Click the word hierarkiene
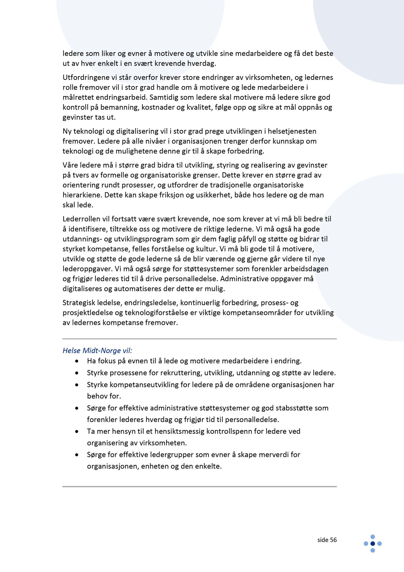82,195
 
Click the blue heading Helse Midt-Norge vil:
97,351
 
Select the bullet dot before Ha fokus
77,361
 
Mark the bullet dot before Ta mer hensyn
77,432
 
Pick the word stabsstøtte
294,408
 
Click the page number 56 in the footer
333,540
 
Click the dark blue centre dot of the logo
372,544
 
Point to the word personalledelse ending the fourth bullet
252,420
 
